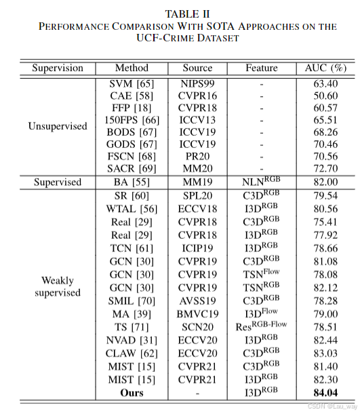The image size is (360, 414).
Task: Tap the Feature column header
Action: tap(262, 68)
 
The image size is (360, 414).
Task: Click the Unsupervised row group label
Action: tap(58, 126)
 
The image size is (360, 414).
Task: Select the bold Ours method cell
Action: tap(132, 392)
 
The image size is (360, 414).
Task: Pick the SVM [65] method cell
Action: tap(132, 83)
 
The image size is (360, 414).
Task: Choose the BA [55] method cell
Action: tap(132, 182)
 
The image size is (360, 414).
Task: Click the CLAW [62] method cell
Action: tap(132, 353)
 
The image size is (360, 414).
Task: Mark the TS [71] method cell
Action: tap(132, 326)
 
